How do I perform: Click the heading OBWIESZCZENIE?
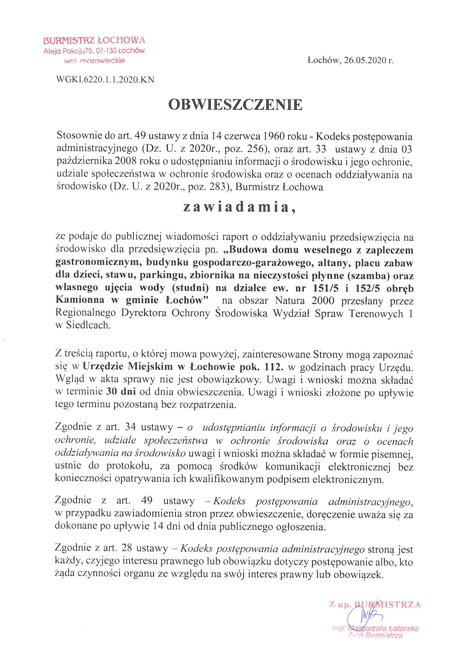point(235,105)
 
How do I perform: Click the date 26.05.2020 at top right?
point(365,60)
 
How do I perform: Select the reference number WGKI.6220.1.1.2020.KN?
point(105,80)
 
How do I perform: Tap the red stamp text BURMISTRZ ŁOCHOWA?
point(94,41)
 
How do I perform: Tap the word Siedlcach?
point(88,325)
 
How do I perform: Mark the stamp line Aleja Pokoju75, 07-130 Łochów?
point(94,51)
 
